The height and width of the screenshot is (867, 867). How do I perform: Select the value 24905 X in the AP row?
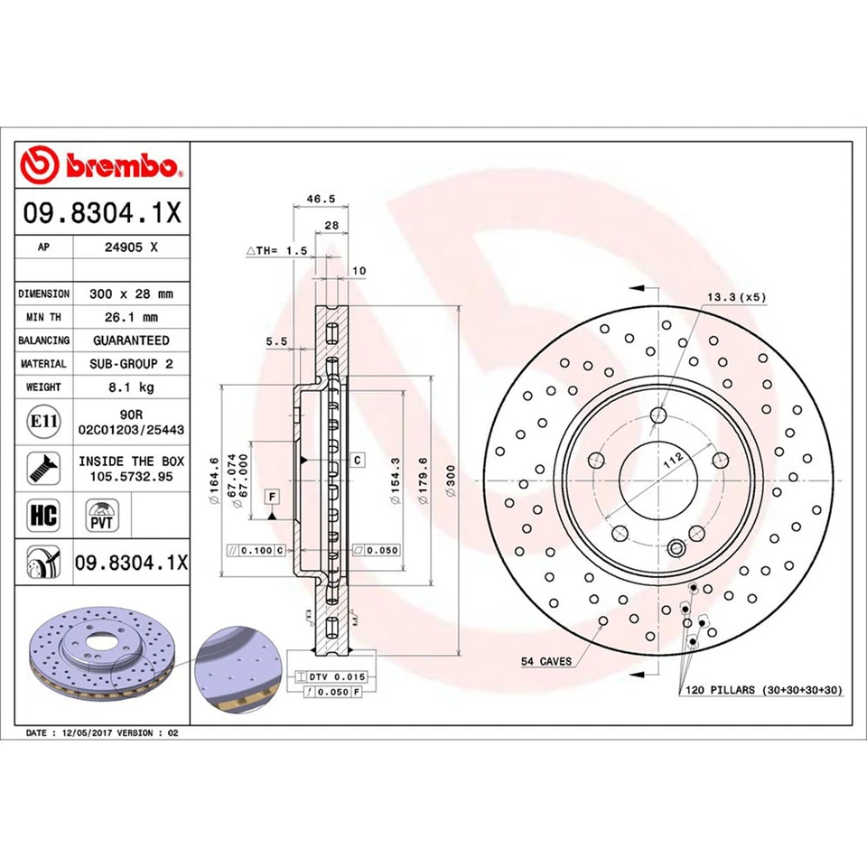coord(131,246)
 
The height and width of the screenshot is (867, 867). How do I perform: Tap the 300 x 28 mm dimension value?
coord(131,294)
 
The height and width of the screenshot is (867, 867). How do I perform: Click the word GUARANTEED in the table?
coord(131,340)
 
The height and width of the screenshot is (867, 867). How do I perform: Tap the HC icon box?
coord(44,516)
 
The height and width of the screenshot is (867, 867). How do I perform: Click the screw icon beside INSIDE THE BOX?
coord(40,467)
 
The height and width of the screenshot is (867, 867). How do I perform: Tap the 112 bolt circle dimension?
coord(671,461)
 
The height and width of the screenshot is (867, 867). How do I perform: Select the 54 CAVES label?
coord(545,662)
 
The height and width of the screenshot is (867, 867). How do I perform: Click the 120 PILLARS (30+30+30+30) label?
coord(759,689)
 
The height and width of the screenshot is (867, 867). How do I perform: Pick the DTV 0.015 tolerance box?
coord(324,676)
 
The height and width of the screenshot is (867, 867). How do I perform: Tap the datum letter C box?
coord(358,460)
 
